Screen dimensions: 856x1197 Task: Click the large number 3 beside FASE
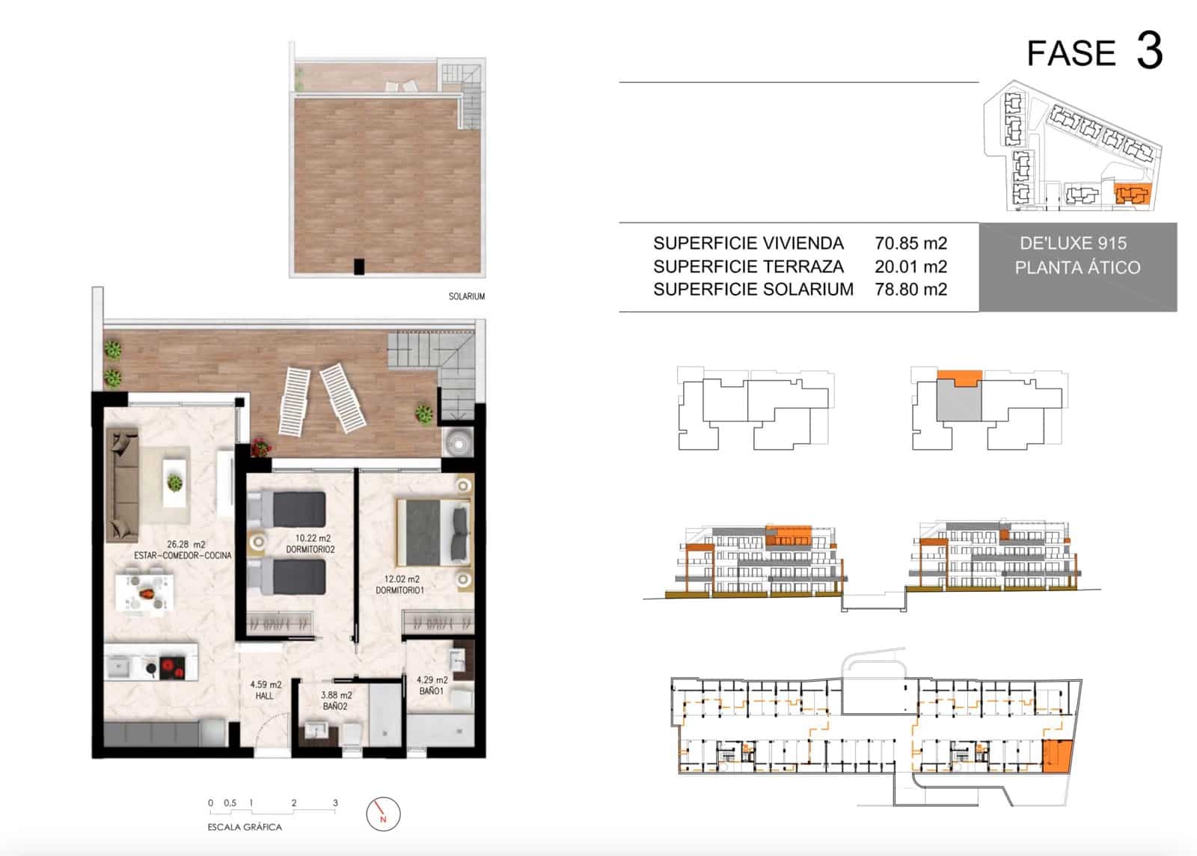coord(1149,51)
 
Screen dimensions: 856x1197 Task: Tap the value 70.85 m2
coord(910,243)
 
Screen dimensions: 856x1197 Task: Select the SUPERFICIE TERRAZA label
coord(747,266)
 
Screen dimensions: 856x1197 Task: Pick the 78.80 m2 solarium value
coord(910,289)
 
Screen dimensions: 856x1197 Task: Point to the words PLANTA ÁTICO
coord(1077,267)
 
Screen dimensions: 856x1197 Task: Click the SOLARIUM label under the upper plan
coord(466,296)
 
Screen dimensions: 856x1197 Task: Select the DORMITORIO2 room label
coord(310,549)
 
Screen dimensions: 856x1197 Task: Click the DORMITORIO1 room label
coord(399,590)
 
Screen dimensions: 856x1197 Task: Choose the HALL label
coord(264,696)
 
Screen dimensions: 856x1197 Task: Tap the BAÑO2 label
coord(335,706)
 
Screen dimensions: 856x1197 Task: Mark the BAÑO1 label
coord(431,691)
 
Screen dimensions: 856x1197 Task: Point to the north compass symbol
coord(383,814)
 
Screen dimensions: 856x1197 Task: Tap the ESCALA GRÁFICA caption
coord(245,827)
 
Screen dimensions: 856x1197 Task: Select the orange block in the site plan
coord(1131,195)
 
